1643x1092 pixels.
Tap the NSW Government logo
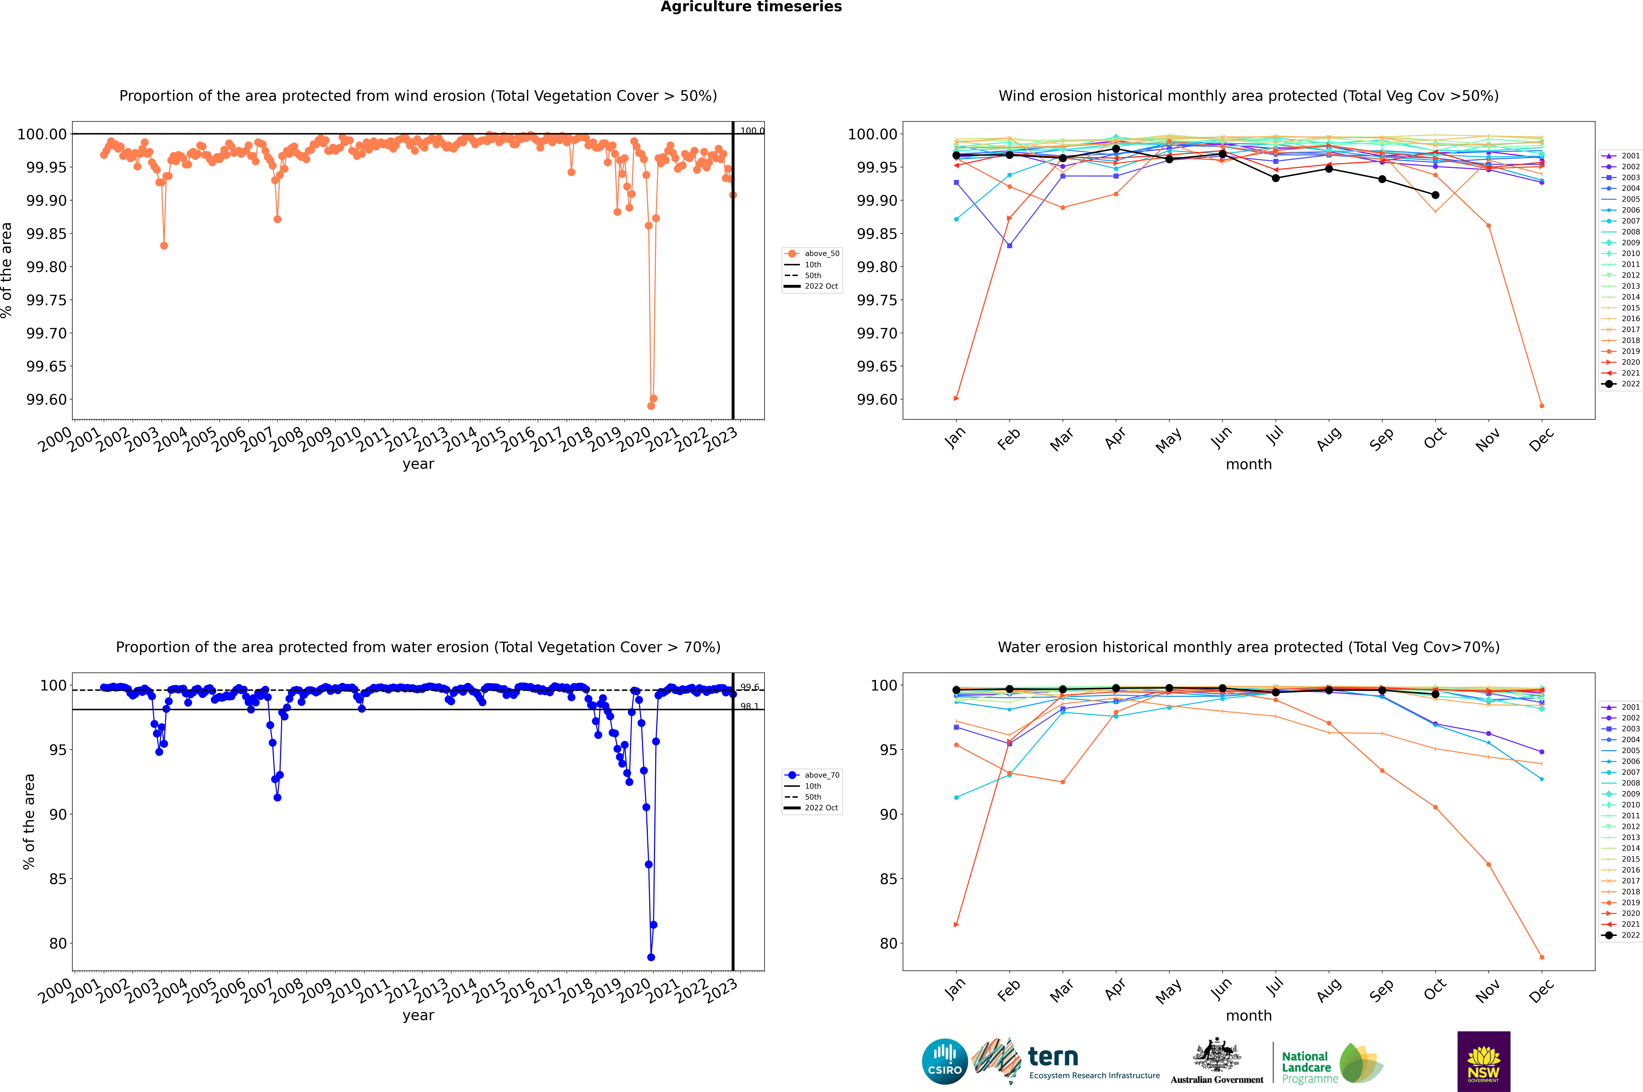pos(1483,1061)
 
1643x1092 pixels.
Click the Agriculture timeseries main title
pos(751,7)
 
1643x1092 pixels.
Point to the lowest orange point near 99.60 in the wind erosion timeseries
pos(651,405)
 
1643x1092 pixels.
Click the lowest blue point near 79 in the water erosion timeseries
pos(651,957)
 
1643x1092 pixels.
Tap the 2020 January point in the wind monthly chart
pos(956,398)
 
